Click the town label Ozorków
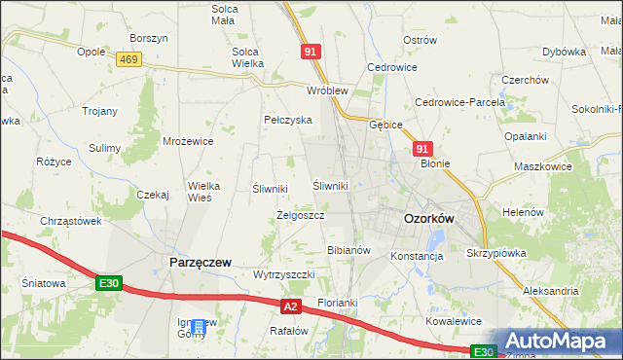[x=429, y=220]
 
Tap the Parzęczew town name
[x=200, y=263]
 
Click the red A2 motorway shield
[x=290, y=306]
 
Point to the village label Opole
[x=91, y=52]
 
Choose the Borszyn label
[x=149, y=38]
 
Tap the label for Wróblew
[x=327, y=90]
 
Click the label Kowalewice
[x=455, y=320]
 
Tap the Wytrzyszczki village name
[x=283, y=274]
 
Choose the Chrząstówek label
[x=71, y=221]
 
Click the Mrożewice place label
[x=188, y=141]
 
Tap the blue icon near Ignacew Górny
[x=200, y=328]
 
